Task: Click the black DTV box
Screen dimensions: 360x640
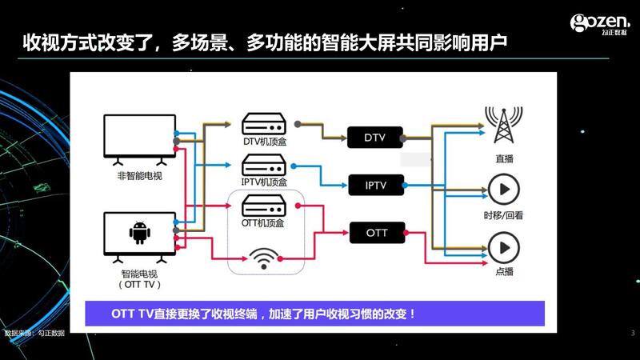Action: click(375, 138)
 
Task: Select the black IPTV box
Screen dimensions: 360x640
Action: click(375, 186)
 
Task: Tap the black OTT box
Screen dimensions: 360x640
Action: click(377, 234)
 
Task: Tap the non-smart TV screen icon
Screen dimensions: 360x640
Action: click(140, 138)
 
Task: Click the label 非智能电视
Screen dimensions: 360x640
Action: click(140, 175)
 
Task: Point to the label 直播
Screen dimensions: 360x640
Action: click(504, 159)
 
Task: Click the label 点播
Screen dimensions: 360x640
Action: click(504, 271)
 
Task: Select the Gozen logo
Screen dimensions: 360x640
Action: click(599, 23)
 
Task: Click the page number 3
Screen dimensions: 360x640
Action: click(632, 333)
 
